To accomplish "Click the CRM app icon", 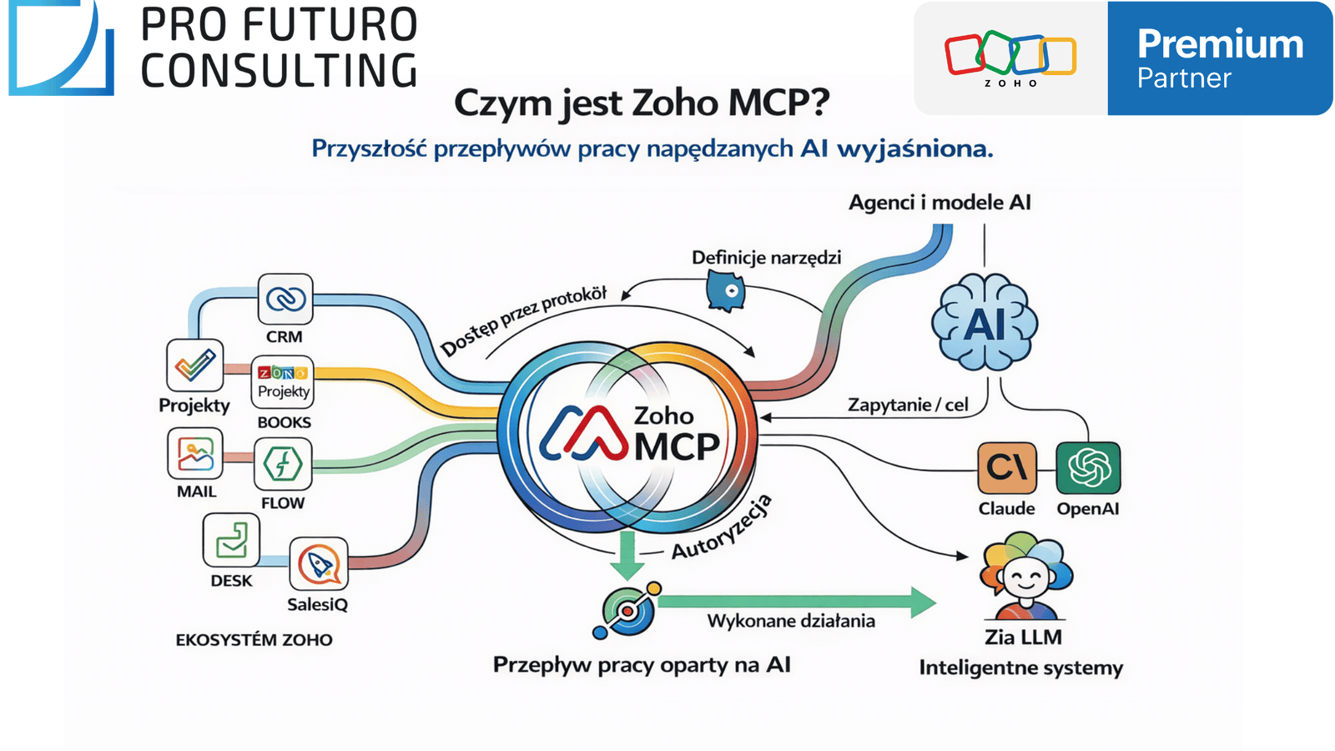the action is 285,299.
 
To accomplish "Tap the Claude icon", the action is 1007,468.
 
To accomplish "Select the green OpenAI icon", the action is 1088,468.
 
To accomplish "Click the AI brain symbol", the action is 985,323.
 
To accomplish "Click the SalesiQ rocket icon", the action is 318,564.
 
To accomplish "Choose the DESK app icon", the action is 231,540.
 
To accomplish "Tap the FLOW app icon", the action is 283,464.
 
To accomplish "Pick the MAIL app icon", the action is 195,455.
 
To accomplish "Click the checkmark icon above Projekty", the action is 194,365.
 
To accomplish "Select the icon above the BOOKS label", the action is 283,382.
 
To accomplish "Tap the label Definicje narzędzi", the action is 766,257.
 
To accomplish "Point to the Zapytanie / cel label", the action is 908,405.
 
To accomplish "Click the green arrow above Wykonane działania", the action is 797,602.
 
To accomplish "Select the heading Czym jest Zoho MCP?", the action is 642,103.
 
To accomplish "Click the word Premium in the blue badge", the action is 1220,43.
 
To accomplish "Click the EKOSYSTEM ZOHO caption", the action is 254,640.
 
